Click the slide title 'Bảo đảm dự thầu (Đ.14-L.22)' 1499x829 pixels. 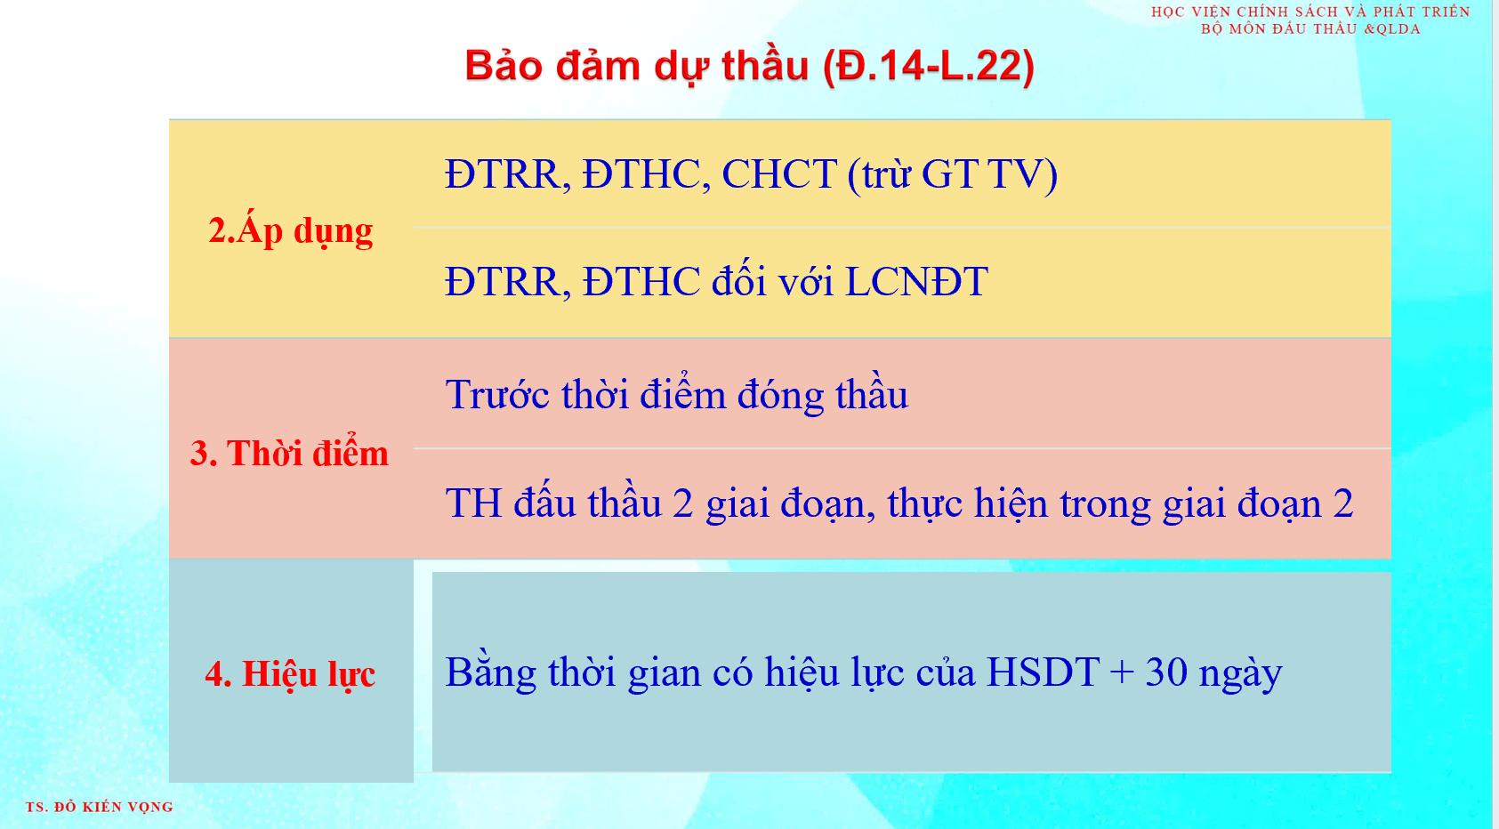tap(749, 67)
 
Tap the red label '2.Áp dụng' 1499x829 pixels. tap(290, 230)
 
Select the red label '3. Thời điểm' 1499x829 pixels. tap(289, 453)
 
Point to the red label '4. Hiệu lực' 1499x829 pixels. tap(290, 673)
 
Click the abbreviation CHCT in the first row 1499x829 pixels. tap(779, 174)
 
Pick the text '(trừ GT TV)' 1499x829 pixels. tap(952, 174)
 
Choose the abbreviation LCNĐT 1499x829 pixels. tap(916, 281)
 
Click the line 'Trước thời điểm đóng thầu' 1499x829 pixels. tap(677, 394)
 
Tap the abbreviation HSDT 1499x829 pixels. tap(1043, 672)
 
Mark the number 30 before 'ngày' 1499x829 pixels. tap(1166, 672)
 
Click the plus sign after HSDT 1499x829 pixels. tap(1122, 673)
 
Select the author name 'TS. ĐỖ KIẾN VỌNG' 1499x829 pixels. tap(99, 807)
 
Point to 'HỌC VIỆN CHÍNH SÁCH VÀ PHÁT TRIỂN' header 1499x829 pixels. tap(1310, 12)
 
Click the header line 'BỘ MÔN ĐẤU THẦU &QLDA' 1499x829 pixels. tap(1310, 28)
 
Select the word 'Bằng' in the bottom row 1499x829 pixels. tap(490, 672)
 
